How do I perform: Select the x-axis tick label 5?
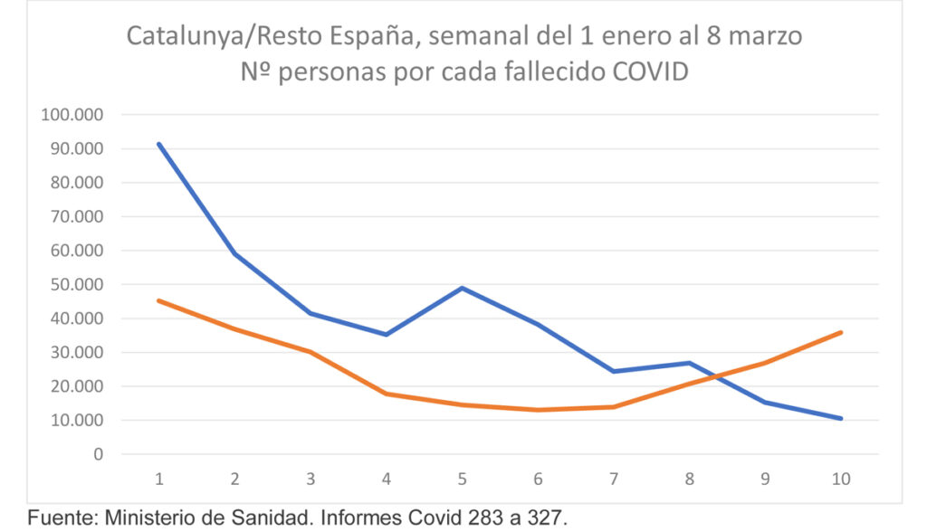click(463, 479)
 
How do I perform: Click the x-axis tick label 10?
click(841, 479)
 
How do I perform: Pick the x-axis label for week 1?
click(159, 479)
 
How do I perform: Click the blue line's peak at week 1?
click(159, 144)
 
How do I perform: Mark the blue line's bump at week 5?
click(463, 288)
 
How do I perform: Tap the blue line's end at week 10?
click(841, 418)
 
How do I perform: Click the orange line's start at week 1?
click(159, 300)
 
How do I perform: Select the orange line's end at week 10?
click(841, 332)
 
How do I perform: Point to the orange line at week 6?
click(539, 410)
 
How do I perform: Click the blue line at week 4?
click(387, 334)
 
